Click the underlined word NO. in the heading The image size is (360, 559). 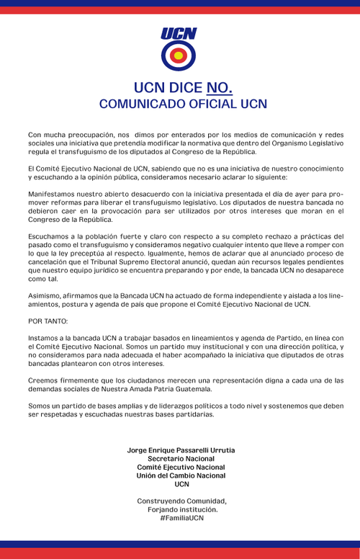point(219,88)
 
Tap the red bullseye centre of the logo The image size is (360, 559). point(179,55)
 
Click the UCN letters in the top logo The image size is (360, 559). point(179,33)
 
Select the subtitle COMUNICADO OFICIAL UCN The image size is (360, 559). point(183,104)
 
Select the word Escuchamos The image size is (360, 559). point(49,236)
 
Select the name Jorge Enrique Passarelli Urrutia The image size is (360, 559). point(181,450)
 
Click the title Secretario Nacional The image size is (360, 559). point(181,459)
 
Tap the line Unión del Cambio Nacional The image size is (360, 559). point(181,475)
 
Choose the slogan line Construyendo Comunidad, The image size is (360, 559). point(181,501)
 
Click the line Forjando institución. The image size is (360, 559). point(181,509)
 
